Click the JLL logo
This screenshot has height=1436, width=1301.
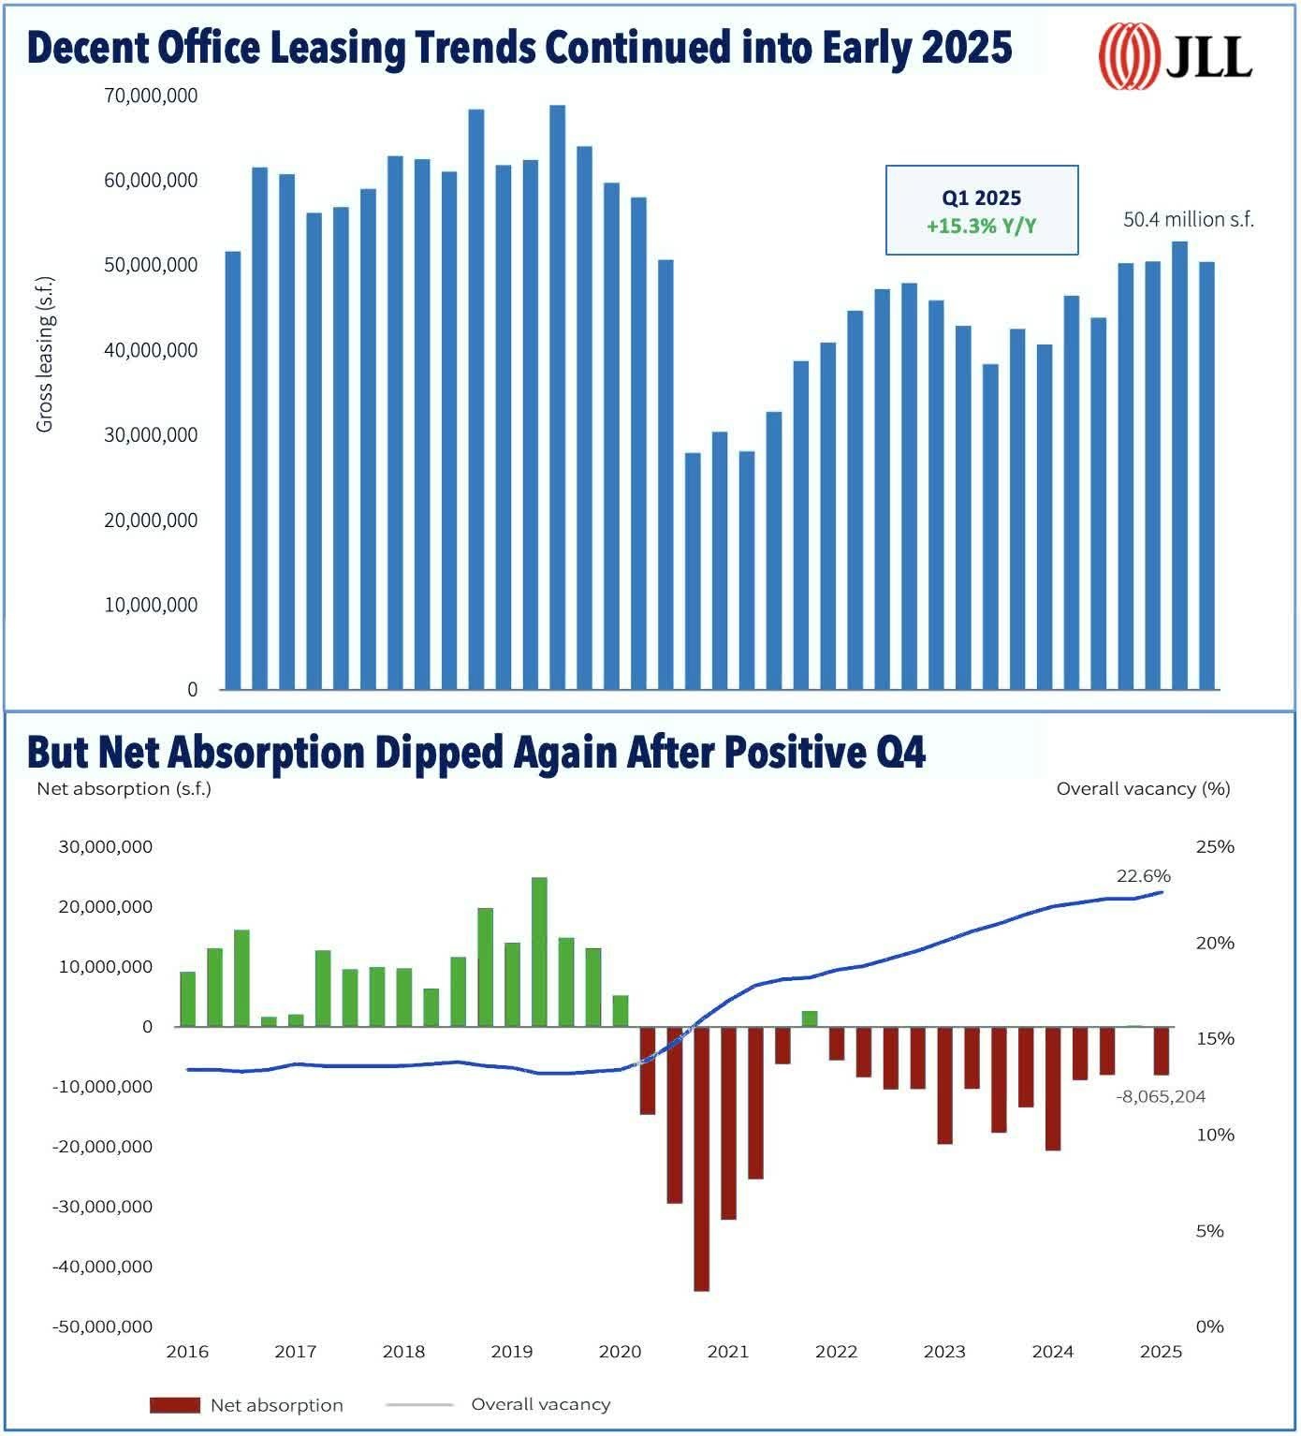pos(1175,55)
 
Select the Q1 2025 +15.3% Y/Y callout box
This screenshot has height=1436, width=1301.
pos(981,211)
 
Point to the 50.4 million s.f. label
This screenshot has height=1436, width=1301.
pos(1188,219)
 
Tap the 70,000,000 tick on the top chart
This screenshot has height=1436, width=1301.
pos(151,95)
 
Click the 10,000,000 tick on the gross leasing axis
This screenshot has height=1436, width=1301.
pos(151,605)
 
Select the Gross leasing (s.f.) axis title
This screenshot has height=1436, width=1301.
pos(44,354)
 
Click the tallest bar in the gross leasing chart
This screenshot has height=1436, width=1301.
pos(557,397)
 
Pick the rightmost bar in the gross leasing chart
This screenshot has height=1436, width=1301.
pos(1206,476)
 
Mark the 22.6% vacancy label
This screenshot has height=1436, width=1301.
pos(1143,876)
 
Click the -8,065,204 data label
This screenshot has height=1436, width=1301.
pos(1161,1096)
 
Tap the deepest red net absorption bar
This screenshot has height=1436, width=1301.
pos(701,1158)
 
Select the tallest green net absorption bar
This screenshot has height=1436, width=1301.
pos(539,951)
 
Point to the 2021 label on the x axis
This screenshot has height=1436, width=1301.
pos(727,1351)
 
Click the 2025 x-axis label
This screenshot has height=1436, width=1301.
pos(1161,1351)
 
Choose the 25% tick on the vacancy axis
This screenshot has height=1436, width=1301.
pos(1215,846)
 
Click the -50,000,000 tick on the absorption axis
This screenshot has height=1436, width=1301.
pos(102,1326)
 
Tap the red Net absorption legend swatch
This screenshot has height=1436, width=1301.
pos(175,1405)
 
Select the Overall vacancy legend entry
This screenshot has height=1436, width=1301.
pos(540,1404)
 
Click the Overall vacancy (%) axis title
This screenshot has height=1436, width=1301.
pos(1143,788)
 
